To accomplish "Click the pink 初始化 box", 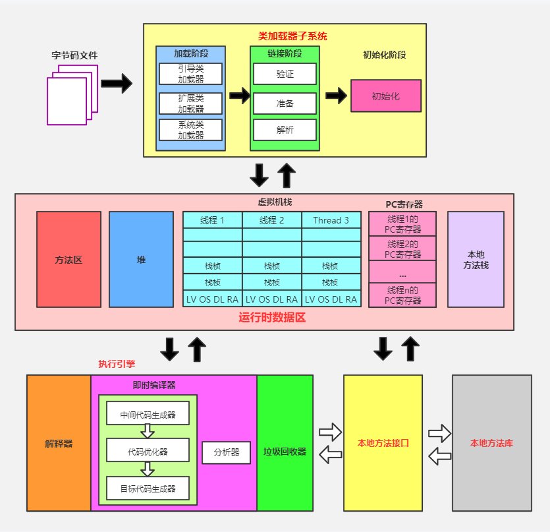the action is coord(386,96).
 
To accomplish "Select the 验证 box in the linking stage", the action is coord(285,74).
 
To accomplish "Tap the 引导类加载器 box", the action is coord(190,74).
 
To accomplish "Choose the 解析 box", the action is coord(285,130).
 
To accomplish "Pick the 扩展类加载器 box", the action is coord(190,103).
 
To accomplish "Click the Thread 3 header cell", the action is coord(331,220).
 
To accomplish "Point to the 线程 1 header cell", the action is coord(213,220).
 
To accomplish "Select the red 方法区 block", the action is coord(69,260).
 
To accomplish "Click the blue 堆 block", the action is coord(141,260).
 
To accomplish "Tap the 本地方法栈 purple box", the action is coord(476,260).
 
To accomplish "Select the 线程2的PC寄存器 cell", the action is coord(402,249).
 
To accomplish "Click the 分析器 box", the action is coord(226,452).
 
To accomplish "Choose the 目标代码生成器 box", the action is coord(148,488).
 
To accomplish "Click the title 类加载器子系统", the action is coord(292,36).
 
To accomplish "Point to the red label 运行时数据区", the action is coord(272,318).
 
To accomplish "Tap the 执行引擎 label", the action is coord(117,364).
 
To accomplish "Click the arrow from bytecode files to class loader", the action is coord(117,84).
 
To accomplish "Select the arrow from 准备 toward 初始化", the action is coord(336,96).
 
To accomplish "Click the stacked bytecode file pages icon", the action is coord(72,95).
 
